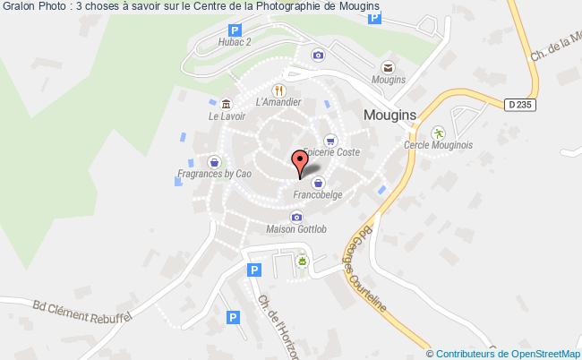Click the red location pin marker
pyautogui.click(x=300, y=161)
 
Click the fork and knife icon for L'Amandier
pyautogui.click(x=279, y=90)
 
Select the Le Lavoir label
pyautogui.click(x=226, y=116)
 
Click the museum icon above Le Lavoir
pyautogui.click(x=227, y=102)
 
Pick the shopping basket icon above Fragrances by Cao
pyautogui.click(x=215, y=162)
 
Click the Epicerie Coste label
pyautogui.click(x=331, y=152)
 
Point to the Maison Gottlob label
pyautogui.click(x=296, y=229)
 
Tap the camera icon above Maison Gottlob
pyautogui.click(x=296, y=217)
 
